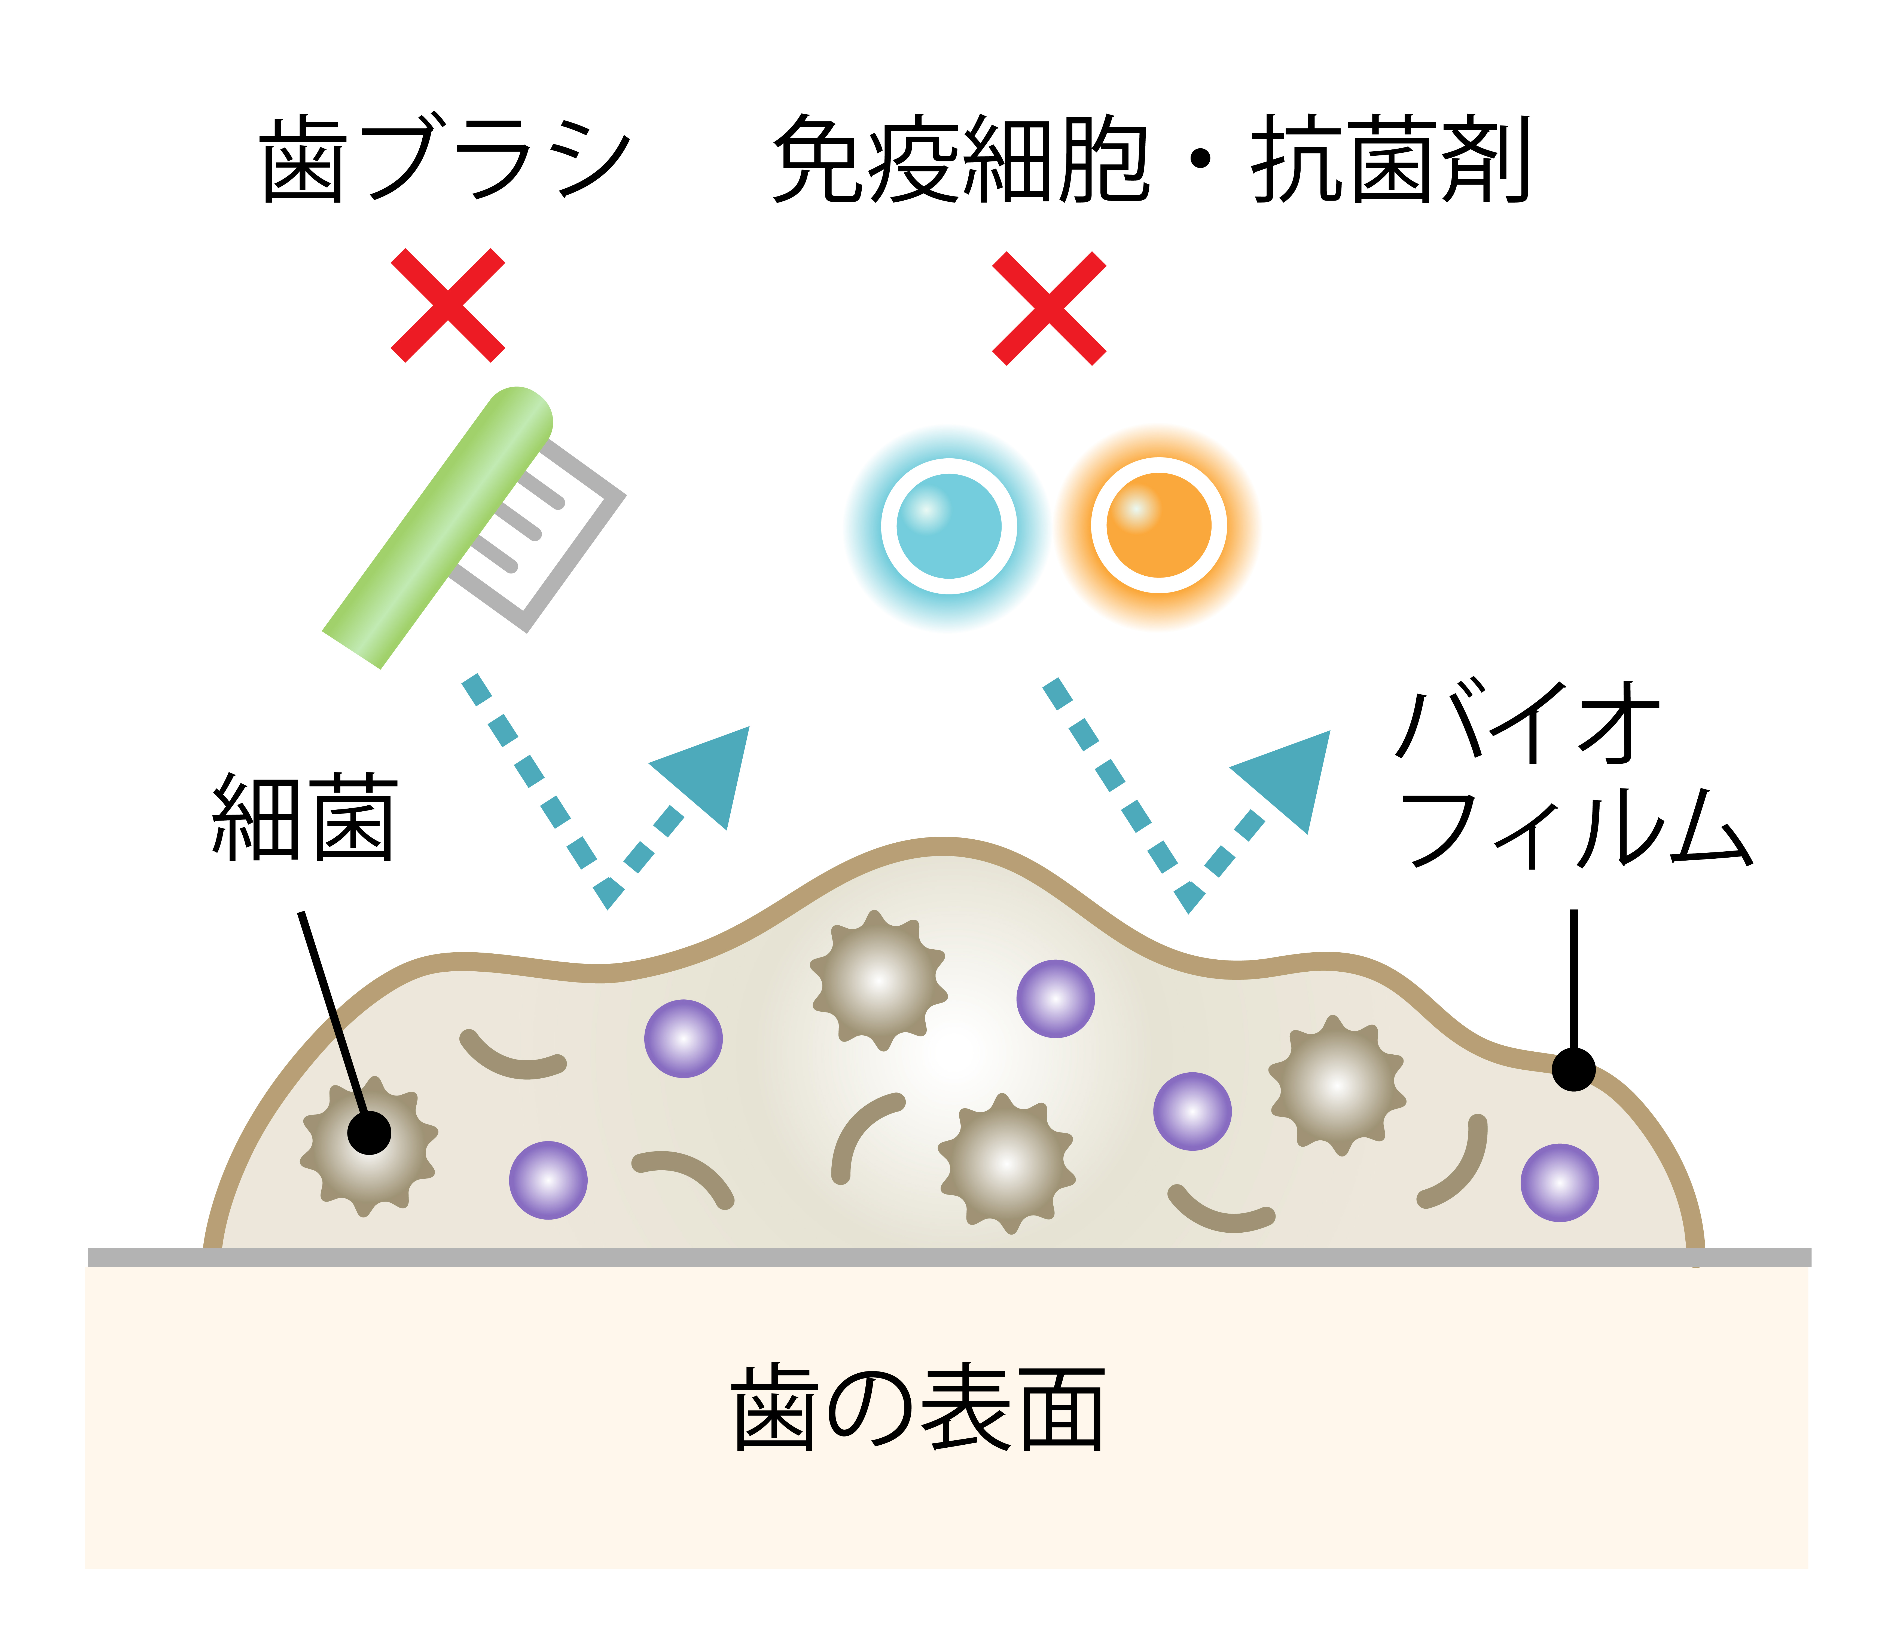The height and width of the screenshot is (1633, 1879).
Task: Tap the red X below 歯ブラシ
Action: click(x=448, y=305)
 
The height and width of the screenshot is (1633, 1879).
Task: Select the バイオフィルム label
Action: click(x=1573, y=775)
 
